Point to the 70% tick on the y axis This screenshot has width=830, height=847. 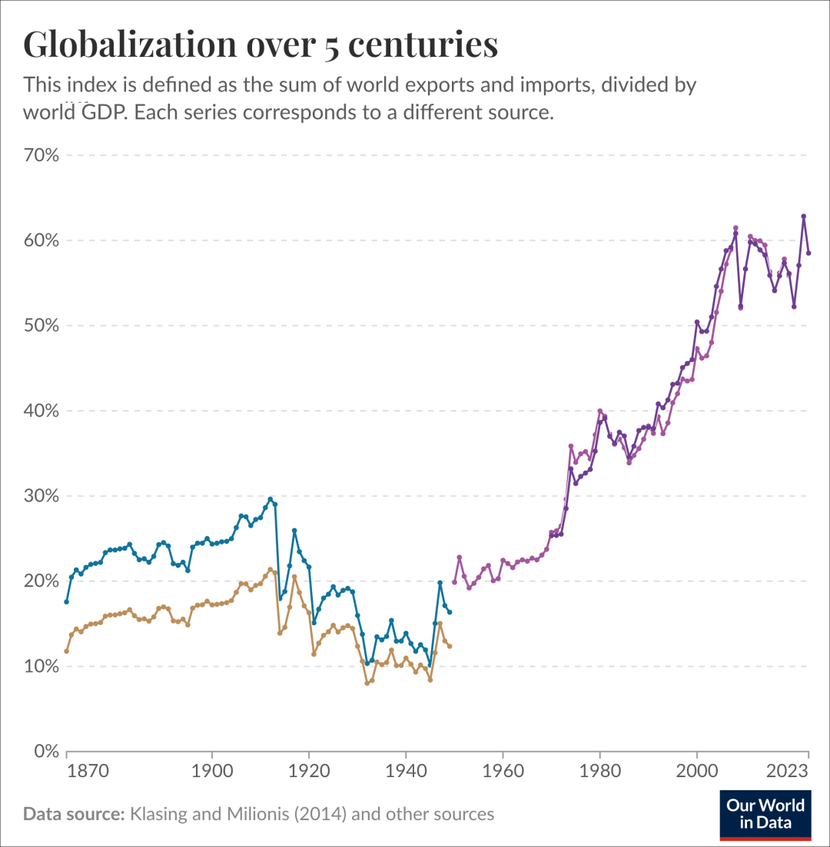pyautogui.click(x=41, y=155)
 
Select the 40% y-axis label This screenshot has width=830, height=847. pyautogui.click(x=41, y=411)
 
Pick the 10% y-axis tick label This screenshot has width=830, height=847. pyautogui.click(x=41, y=666)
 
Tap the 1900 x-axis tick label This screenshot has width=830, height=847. pyautogui.click(x=212, y=772)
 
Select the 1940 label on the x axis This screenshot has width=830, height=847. pyautogui.click(x=406, y=772)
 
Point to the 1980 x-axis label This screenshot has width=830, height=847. pyautogui.click(x=600, y=772)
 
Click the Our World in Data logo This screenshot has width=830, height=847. pyautogui.click(x=765, y=815)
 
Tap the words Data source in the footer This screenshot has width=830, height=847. pyautogui.click(x=74, y=813)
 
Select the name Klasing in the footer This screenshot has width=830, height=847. pyautogui.click(x=158, y=813)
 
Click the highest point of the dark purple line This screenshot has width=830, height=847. pyautogui.click(x=804, y=217)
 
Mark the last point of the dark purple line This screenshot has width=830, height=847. pyautogui.click(x=808, y=253)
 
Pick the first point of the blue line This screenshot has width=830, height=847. pyautogui.click(x=67, y=601)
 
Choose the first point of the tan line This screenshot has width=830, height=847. pyautogui.click(x=67, y=651)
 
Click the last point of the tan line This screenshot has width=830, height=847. pyautogui.click(x=450, y=646)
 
